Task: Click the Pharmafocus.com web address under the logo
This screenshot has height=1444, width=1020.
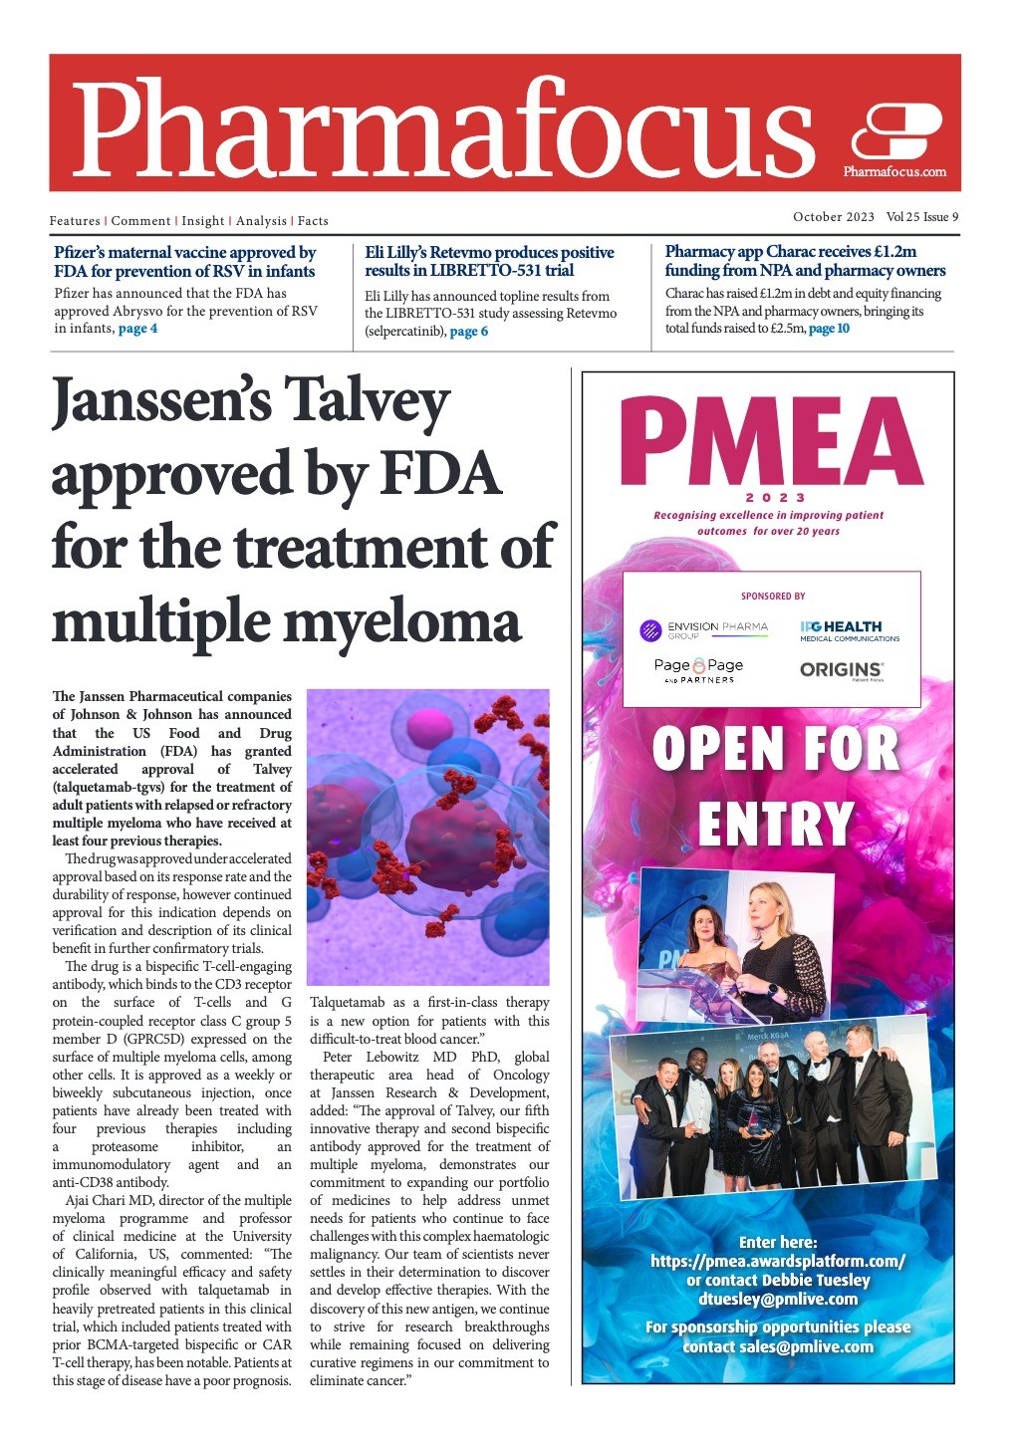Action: (894, 172)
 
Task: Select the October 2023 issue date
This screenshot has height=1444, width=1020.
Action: (833, 217)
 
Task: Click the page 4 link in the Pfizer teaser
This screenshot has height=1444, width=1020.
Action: (137, 329)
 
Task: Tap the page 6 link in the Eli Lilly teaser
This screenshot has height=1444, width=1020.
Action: (469, 332)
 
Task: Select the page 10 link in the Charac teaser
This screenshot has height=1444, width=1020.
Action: (829, 329)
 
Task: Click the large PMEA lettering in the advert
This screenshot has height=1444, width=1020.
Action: (770, 443)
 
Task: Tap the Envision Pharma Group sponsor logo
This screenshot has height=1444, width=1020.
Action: (704, 629)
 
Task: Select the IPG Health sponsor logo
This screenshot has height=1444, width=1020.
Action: (849, 630)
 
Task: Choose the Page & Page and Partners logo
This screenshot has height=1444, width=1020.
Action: (698, 670)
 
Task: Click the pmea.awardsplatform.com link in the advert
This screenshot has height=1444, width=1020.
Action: (777, 1261)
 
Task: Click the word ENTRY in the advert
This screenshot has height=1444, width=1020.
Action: (775, 825)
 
